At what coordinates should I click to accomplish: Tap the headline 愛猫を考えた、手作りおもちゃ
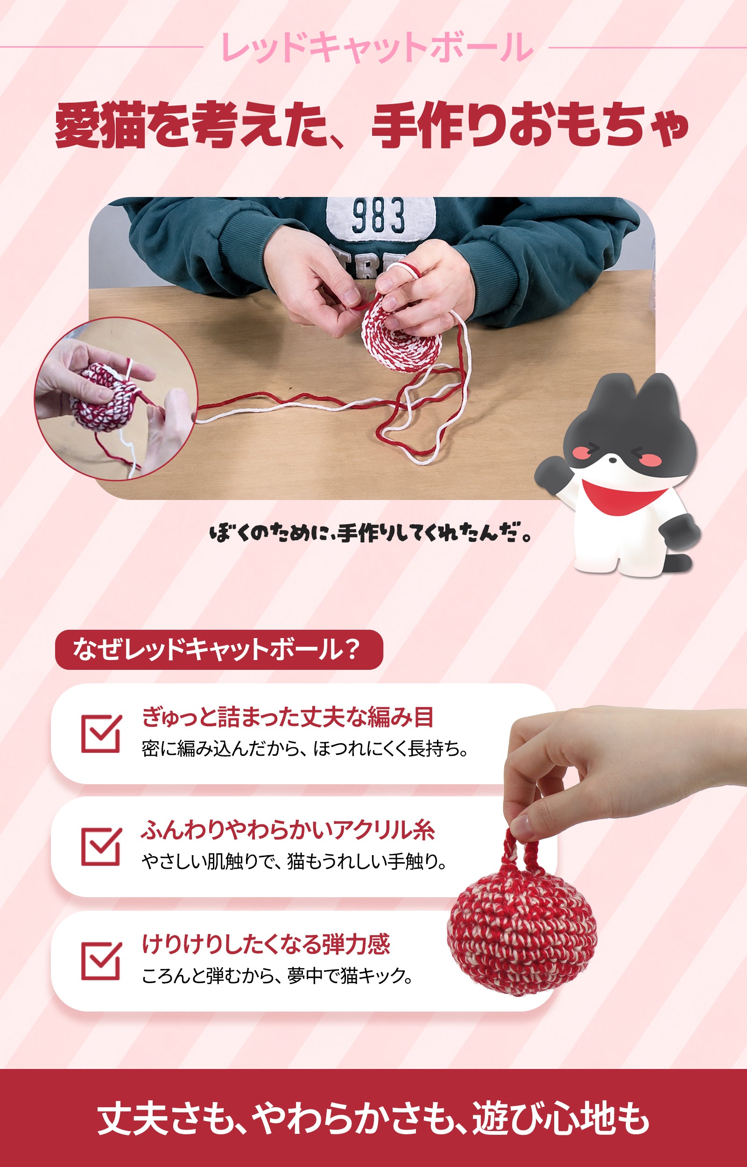pyautogui.click(x=372, y=125)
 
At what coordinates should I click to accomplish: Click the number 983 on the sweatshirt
pyautogui.click(x=378, y=215)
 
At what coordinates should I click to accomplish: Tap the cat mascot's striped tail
pyautogui.click(x=679, y=562)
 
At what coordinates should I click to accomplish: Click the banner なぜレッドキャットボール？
pyautogui.click(x=219, y=649)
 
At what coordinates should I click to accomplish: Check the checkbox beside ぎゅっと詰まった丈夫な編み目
pyautogui.click(x=101, y=733)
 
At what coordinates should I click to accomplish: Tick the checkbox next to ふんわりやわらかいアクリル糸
pyautogui.click(x=101, y=846)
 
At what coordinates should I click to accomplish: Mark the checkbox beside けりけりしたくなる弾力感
pyautogui.click(x=101, y=960)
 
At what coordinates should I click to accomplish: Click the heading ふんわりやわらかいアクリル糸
pyautogui.click(x=288, y=830)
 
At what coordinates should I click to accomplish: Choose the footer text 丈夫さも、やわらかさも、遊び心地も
pyautogui.click(x=373, y=1118)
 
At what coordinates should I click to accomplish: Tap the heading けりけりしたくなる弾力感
pyautogui.click(x=266, y=943)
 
